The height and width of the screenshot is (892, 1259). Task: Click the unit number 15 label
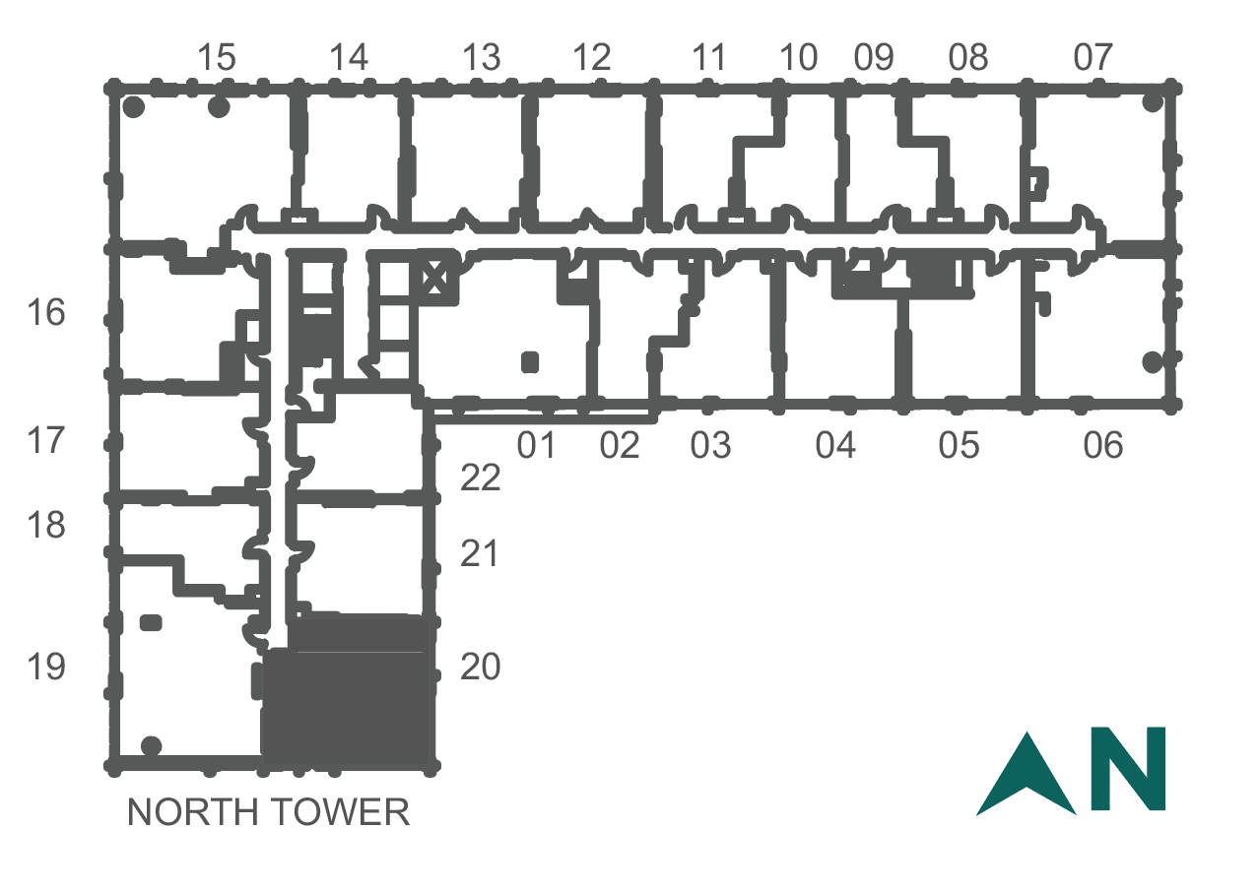point(217,57)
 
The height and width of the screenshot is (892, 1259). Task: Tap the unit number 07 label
point(1093,57)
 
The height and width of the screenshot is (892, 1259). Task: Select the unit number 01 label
point(537,445)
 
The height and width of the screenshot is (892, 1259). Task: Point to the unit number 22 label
point(480,478)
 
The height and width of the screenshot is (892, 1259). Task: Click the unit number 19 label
point(46,667)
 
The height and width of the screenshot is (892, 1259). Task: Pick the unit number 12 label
point(591,57)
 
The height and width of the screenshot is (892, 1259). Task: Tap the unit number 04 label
point(835,445)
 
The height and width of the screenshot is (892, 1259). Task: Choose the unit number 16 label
point(46,312)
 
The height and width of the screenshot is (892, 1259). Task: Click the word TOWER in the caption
point(343,812)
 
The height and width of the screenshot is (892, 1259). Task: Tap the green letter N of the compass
point(1128,768)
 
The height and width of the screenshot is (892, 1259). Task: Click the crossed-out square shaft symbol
point(434,277)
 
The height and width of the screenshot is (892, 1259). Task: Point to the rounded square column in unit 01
point(530,362)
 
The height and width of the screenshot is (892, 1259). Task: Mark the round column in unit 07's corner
point(1153,102)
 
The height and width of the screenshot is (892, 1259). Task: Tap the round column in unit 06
point(1153,362)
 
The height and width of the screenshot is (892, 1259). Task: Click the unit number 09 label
point(874,57)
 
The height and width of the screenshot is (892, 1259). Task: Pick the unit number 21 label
point(479,554)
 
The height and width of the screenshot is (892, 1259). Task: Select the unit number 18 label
point(46,525)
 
